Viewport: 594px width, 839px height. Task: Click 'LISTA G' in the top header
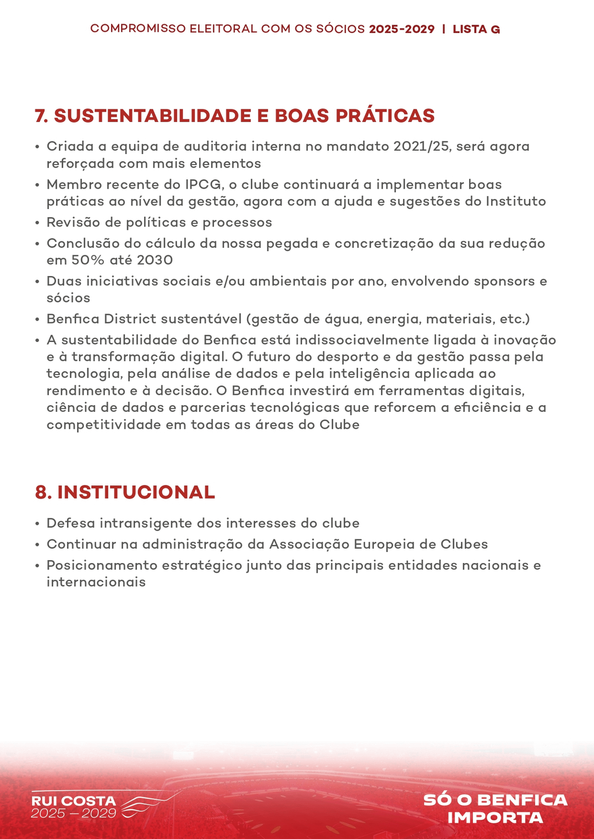pyautogui.click(x=476, y=29)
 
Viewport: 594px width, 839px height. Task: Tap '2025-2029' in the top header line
pyautogui.click(x=402, y=29)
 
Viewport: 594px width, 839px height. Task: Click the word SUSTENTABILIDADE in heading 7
pyautogui.click(x=152, y=116)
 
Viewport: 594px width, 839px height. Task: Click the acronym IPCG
pyautogui.click(x=203, y=184)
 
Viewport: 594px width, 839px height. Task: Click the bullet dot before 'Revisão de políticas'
pyautogui.click(x=37, y=223)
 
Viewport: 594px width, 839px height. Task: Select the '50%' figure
pyautogui.click(x=88, y=260)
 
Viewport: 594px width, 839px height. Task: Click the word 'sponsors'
pyautogui.click(x=504, y=281)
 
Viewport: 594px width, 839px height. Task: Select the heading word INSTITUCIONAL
pyautogui.click(x=136, y=492)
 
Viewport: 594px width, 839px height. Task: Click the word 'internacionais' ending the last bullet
pyautogui.click(x=96, y=582)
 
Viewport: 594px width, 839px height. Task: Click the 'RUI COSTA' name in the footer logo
pyautogui.click(x=73, y=801)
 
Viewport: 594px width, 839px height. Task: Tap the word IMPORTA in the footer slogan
pyautogui.click(x=495, y=818)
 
